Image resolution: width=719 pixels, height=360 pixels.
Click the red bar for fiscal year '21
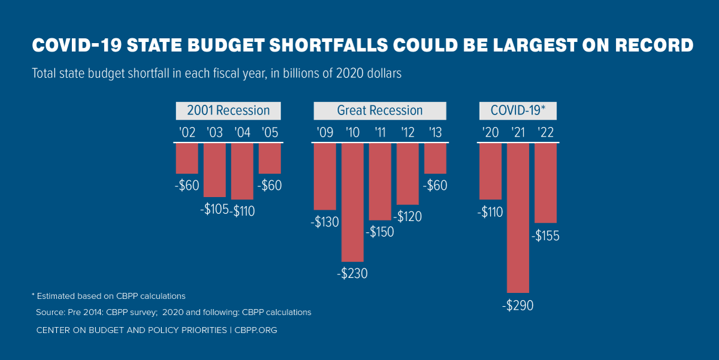(x=518, y=217)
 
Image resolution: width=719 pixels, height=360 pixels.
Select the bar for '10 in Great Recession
(x=353, y=202)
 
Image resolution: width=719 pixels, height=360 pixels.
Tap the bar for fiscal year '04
(x=242, y=171)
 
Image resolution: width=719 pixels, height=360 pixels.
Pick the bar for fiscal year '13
(x=435, y=159)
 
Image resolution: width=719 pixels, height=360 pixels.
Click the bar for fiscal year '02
(x=187, y=159)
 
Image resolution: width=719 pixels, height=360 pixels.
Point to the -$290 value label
(x=518, y=305)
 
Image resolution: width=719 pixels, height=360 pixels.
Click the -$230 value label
(x=352, y=274)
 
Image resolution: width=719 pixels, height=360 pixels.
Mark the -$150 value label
(x=379, y=232)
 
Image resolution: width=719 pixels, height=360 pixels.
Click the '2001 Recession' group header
(x=228, y=111)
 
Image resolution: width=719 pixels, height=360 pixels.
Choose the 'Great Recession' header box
(x=380, y=111)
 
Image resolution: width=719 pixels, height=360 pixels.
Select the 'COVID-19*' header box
(x=518, y=111)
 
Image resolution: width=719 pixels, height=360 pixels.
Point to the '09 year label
(x=325, y=132)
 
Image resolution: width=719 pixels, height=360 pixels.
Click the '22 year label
(x=546, y=132)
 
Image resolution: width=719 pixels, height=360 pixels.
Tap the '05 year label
(x=270, y=132)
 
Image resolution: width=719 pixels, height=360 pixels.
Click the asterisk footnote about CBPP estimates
(x=108, y=296)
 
